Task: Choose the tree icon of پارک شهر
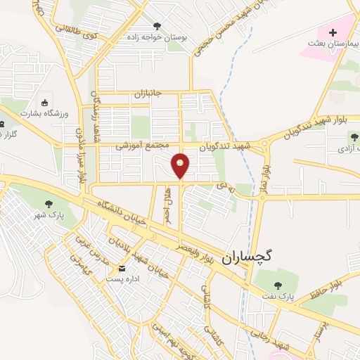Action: pos(49,205)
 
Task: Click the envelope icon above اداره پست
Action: pos(122,268)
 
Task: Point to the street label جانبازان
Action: pos(148,93)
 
